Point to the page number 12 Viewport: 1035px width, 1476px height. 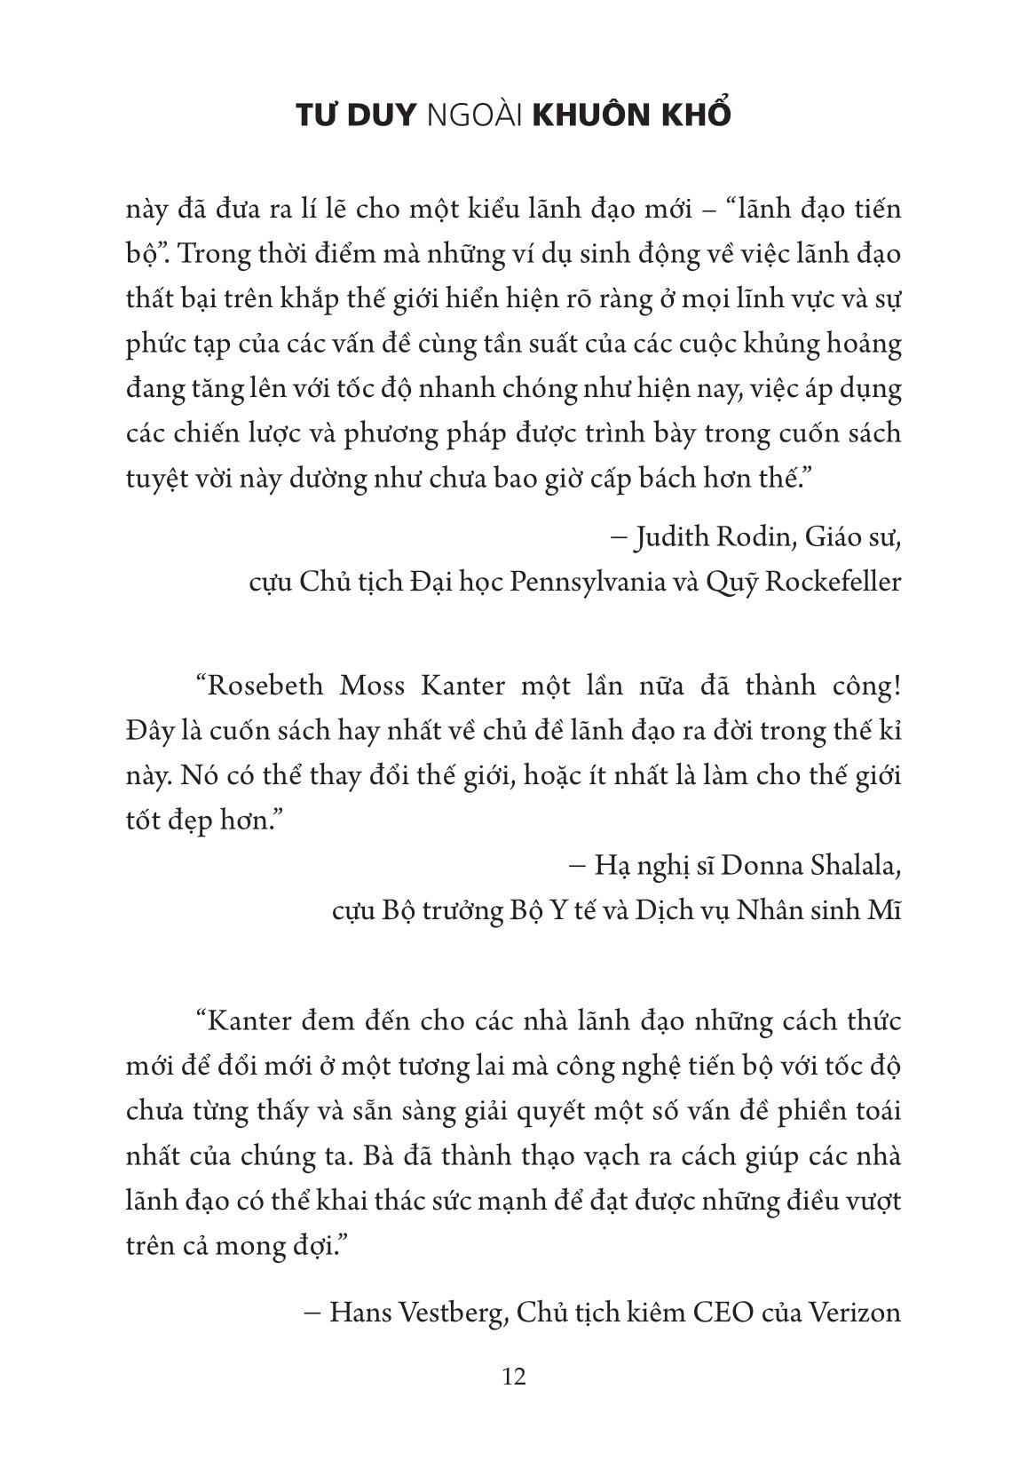point(515,1377)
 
